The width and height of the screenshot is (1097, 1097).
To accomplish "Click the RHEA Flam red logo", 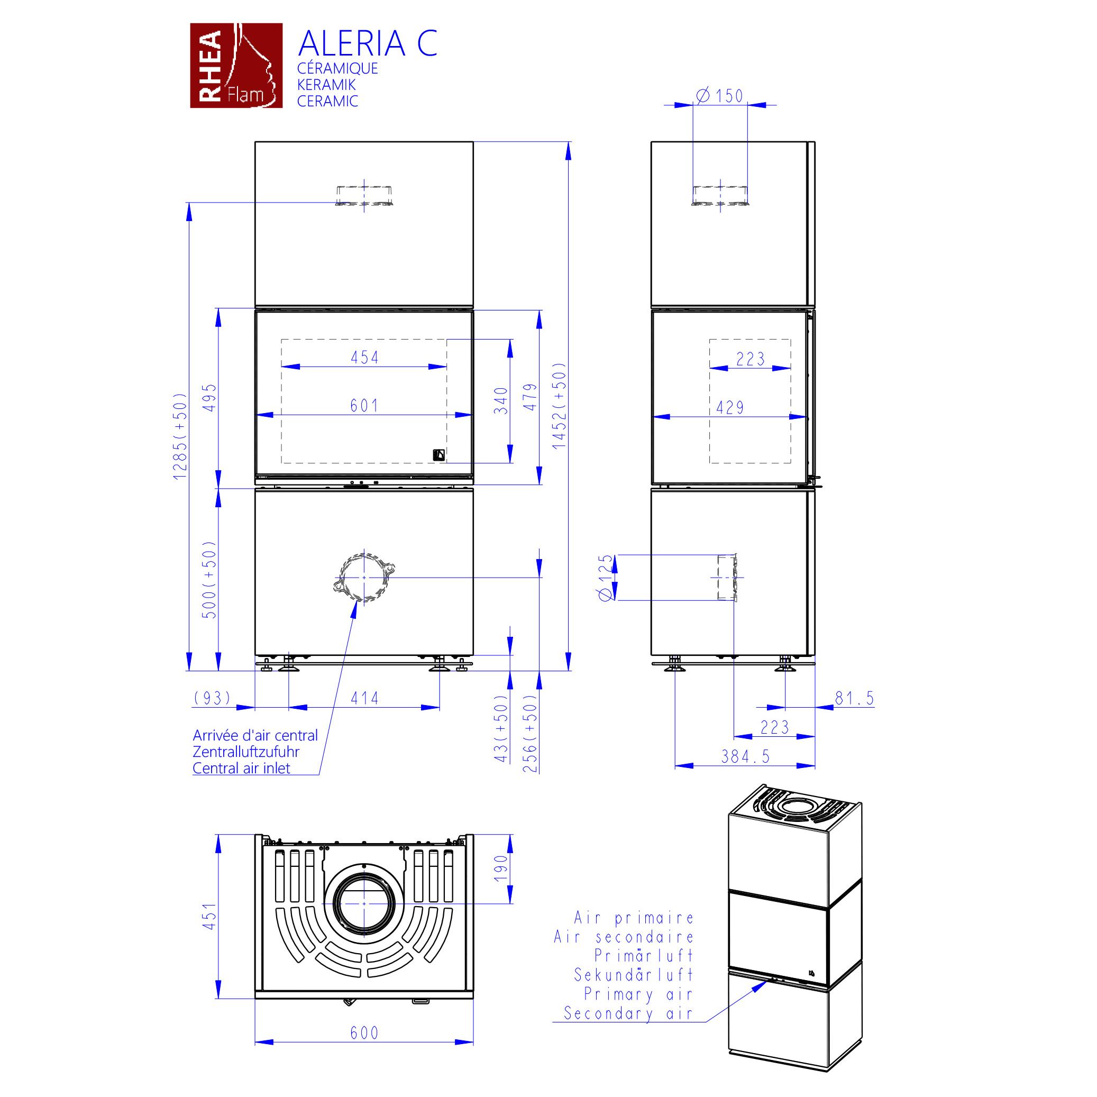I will (x=236, y=65).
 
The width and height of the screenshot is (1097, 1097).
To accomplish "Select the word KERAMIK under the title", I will (x=326, y=85).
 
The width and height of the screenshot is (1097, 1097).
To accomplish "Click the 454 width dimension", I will (x=364, y=357).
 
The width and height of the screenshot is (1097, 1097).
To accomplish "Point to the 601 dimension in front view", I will (x=364, y=405).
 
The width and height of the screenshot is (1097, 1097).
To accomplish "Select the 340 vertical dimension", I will (x=501, y=400).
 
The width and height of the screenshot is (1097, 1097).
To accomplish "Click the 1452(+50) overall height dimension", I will (x=560, y=405).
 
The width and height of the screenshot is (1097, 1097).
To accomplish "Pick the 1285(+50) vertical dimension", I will (x=180, y=436).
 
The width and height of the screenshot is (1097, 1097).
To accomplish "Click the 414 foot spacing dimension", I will (x=364, y=698).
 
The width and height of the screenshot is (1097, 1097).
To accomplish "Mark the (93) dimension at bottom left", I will (x=212, y=698).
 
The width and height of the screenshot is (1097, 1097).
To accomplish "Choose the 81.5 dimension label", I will (x=855, y=698).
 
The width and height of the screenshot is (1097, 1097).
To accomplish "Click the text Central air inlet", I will (x=241, y=768).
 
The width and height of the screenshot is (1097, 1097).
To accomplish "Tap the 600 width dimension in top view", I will (x=364, y=1033).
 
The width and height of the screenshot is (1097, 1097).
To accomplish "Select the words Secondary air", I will (x=628, y=1013).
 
